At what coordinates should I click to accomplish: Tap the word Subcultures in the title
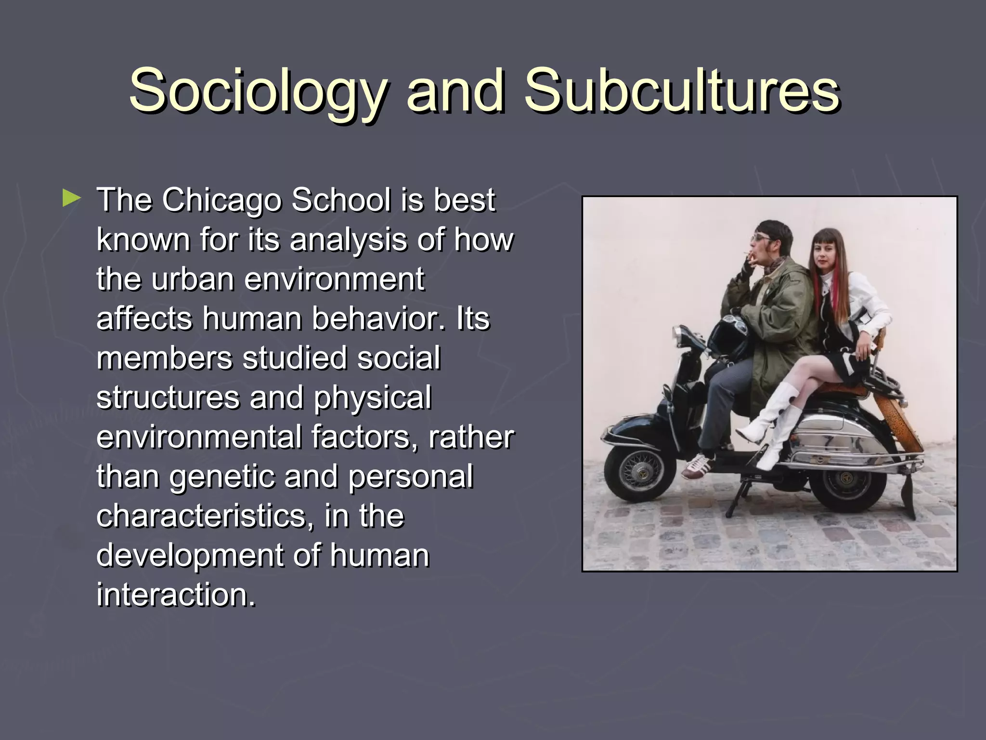(x=682, y=90)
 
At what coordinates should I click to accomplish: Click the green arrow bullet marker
(x=71, y=198)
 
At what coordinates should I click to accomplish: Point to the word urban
(x=193, y=279)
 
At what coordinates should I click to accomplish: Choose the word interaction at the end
(x=176, y=595)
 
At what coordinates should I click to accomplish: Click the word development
(x=190, y=555)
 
